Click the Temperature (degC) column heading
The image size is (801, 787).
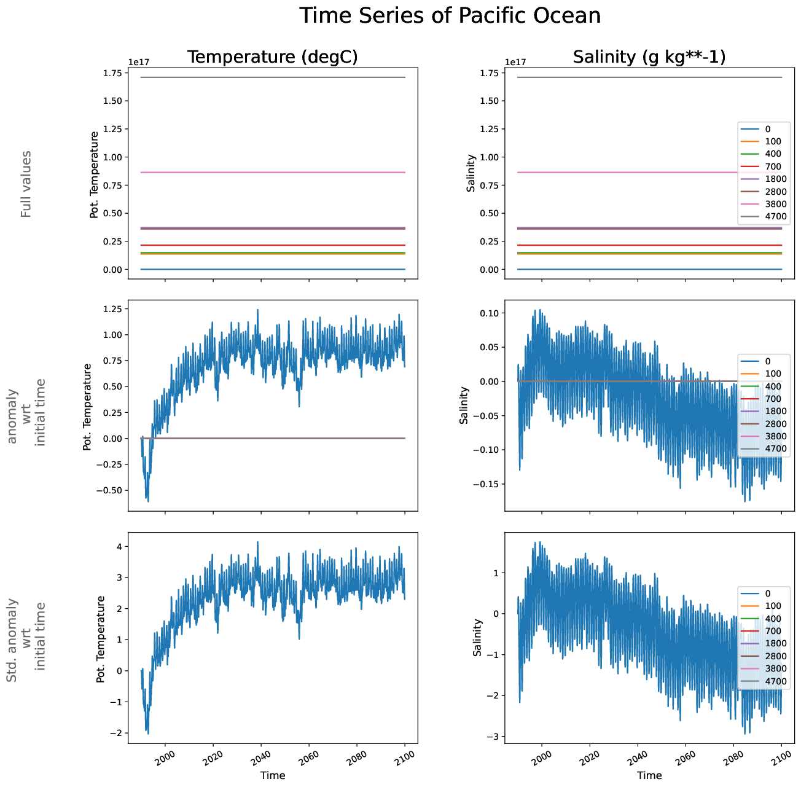[272, 57]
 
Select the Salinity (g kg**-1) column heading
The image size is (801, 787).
[649, 57]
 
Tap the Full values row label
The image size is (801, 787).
[26, 184]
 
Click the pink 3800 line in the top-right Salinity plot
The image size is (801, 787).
[614, 173]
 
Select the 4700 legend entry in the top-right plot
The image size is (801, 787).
[775, 216]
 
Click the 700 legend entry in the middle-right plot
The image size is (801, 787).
[773, 399]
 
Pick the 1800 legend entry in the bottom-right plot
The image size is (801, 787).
[775, 643]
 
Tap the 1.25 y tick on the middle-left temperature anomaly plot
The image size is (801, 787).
[112, 308]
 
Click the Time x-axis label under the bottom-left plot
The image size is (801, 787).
[273, 775]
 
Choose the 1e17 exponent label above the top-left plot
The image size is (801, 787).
[138, 62]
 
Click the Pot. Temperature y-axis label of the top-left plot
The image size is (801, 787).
[95, 174]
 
